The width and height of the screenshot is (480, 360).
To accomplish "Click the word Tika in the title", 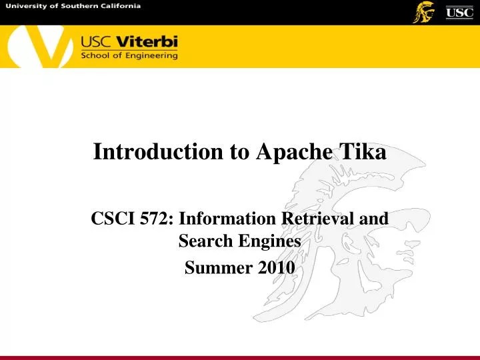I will point(363,152).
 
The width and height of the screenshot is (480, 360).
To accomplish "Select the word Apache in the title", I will point(292,153).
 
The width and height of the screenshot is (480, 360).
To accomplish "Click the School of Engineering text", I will point(129,56).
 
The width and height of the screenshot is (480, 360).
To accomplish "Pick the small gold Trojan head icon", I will point(423,11).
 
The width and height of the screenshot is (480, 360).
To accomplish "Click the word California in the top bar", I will point(119,6).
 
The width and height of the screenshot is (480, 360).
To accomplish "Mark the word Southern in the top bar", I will point(74,6).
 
